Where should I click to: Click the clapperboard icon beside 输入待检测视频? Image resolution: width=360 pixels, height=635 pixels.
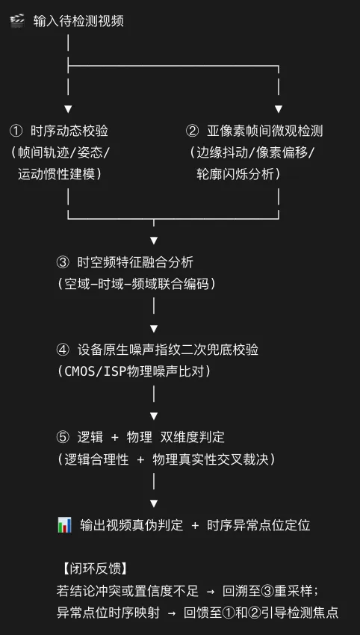pyautogui.click(x=17, y=21)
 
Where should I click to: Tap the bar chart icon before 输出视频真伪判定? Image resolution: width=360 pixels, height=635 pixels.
pyautogui.click(x=64, y=525)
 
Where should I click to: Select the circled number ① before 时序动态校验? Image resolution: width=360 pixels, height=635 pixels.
pyautogui.click(x=16, y=131)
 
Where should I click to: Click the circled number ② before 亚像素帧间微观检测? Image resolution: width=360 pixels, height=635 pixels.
pyautogui.click(x=193, y=131)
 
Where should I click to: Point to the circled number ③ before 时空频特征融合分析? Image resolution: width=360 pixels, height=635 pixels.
pyautogui.click(x=63, y=262)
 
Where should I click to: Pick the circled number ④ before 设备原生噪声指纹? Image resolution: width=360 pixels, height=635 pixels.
pyautogui.click(x=63, y=350)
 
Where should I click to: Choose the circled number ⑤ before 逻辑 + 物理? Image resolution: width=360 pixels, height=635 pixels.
pyautogui.click(x=63, y=437)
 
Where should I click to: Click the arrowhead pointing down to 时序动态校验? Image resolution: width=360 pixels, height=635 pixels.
pyautogui.click(x=68, y=109)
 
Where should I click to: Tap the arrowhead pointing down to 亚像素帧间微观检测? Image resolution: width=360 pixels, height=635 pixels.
pyautogui.click(x=278, y=109)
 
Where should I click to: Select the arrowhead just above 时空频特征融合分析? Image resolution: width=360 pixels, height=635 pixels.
pyautogui.click(x=153, y=241)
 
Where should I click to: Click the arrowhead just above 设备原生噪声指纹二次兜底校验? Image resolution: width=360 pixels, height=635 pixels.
pyautogui.click(x=153, y=328)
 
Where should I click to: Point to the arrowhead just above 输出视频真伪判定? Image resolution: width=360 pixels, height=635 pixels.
pyautogui.click(x=153, y=504)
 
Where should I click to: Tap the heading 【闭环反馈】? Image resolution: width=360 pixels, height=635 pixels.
pyautogui.click(x=95, y=569)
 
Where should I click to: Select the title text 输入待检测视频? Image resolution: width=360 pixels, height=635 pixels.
pyautogui.click(x=78, y=21)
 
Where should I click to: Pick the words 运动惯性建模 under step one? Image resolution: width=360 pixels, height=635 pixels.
pyautogui.click(x=56, y=174)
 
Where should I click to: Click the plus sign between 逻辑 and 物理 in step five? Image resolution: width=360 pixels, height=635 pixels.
pyautogui.click(x=115, y=437)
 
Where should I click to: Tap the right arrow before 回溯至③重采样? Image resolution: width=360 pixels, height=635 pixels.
pyautogui.click(x=211, y=591)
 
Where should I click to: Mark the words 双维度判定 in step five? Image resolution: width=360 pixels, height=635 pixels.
pyautogui.click(x=193, y=437)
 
